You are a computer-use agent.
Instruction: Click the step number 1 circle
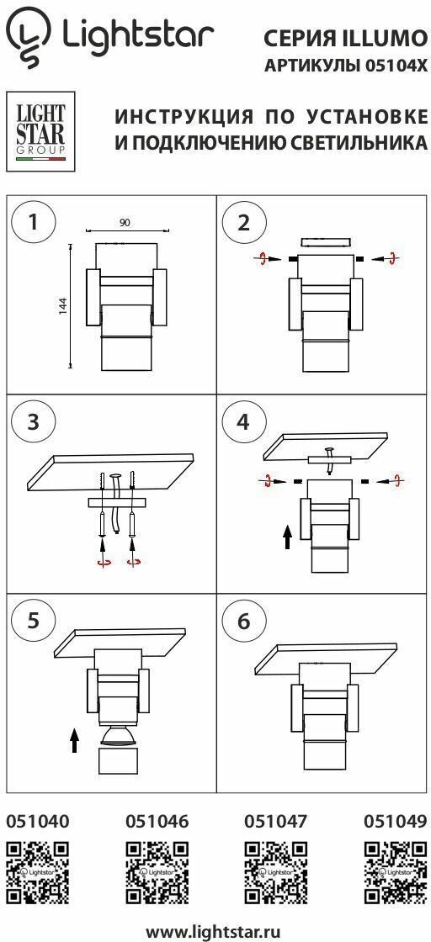(x=34, y=222)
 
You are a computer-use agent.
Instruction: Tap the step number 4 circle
(x=243, y=421)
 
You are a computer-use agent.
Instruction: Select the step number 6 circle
(x=243, y=622)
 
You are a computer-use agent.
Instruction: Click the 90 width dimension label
(x=125, y=223)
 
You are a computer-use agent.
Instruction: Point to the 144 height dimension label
(x=62, y=305)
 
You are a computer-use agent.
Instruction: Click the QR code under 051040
(x=37, y=872)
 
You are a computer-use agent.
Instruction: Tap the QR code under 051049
(x=396, y=872)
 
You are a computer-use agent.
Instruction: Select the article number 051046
(x=157, y=821)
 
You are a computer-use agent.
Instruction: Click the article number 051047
(x=276, y=821)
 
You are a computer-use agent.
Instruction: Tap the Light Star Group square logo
(x=40, y=131)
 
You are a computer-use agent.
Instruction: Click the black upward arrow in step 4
(x=287, y=537)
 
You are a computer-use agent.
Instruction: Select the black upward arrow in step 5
(x=74, y=740)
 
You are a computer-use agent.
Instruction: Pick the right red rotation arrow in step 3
(x=134, y=562)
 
